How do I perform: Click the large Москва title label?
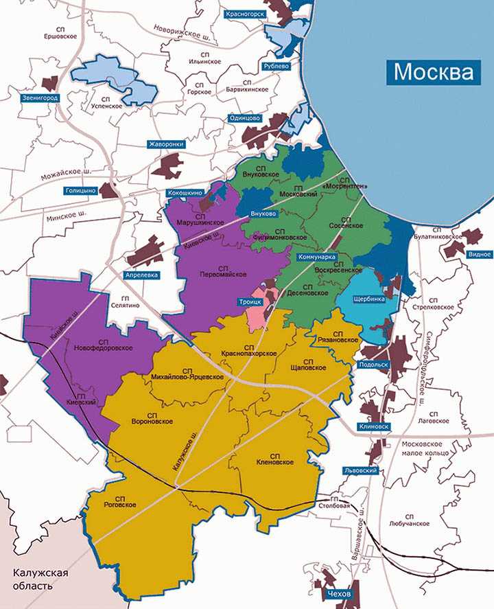pyautogui.click(x=434, y=71)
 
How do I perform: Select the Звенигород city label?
pyautogui.click(x=40, y=98)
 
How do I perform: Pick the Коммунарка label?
pyautogui.click(x=316, y=257)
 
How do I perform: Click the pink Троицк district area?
pyautogui.click(x=259, y=308)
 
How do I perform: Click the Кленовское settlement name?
pyautogui.click(x=274, y=461)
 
